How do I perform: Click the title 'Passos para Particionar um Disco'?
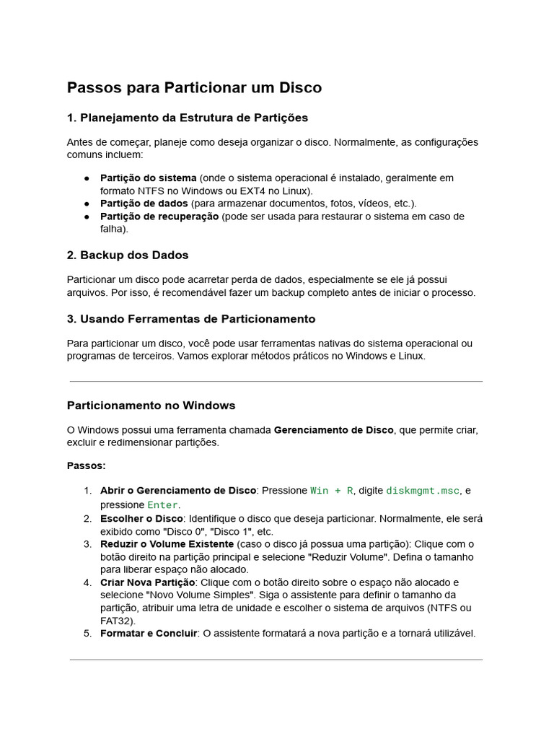coord(194,88)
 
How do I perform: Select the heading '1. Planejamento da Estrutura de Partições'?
coord(188,118)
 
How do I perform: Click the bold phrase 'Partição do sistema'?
coord(148,178)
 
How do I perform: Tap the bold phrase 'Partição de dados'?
coord(143,204)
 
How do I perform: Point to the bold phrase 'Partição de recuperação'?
coord(159,217)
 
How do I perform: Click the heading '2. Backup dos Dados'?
coord(128,255)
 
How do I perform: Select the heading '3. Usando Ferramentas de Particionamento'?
coord(191,319)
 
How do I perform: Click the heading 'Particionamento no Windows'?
coord(151,406)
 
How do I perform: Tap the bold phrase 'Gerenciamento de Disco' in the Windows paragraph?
coord(333,430)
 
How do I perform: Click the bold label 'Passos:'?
coord(86,466)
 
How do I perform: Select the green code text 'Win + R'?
coord(332,491)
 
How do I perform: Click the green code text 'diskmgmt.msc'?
coord(423,491)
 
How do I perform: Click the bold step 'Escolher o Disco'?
coord(141,519)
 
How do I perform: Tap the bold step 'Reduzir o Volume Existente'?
coord(167,544)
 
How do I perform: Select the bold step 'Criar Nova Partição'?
coord(148,582)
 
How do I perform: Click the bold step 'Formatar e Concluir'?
coord(149,634)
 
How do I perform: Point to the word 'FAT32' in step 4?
coord(116,621)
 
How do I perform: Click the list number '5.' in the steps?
coord(87,634)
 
